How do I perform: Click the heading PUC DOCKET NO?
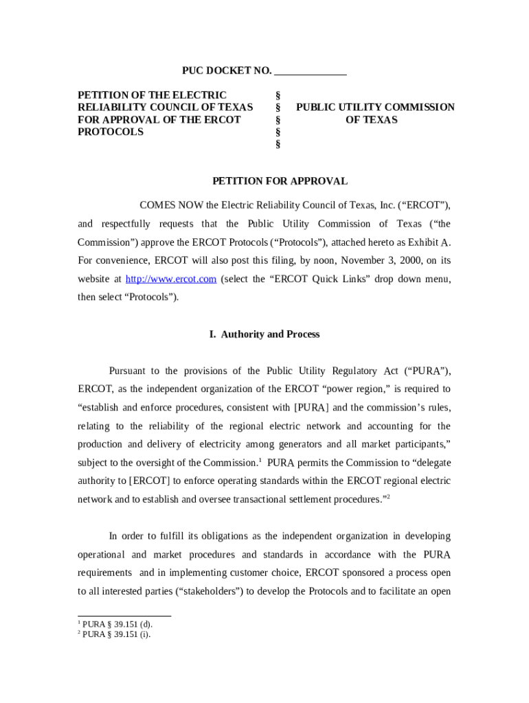[x=227, y=71]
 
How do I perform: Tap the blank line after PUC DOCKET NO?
[x=310, y=71]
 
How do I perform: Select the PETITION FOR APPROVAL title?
[x=280, y=181]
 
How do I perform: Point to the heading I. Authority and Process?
[x=264, y=334]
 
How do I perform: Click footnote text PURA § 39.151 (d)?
[x=117, y=624]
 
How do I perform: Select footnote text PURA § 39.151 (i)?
[x=116, y=634]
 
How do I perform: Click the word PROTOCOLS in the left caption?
[x=111, y=132]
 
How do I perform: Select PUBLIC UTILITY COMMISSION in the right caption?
[x=375, y=107]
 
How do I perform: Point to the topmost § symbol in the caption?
[x=278, y=95]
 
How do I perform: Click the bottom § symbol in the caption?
[x=278, y=144]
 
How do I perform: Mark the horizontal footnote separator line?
[x=124, y=616]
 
